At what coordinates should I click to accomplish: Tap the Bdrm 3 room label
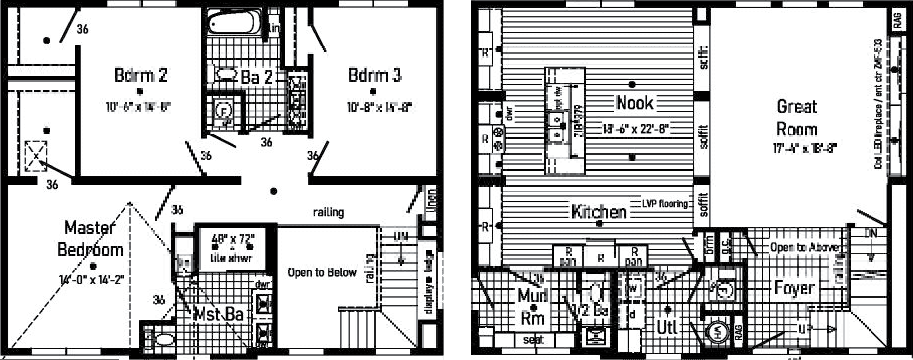click(x=374, y=74)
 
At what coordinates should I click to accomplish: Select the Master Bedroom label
click(x=94, y=238)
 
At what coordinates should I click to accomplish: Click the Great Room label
click(x=797, y=117)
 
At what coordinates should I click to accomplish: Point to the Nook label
click(x=635, y=102)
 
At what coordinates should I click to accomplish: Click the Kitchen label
click(x=599, y=212)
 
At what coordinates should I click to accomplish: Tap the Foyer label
click(x=794, y=288)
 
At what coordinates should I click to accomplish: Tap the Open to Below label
click(x=322, y=272)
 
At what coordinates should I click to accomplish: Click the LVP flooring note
click(x=665, y=204)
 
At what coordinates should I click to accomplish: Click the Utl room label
click(x=666, y=327)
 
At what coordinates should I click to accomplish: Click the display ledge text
click(x=429, y=282)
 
